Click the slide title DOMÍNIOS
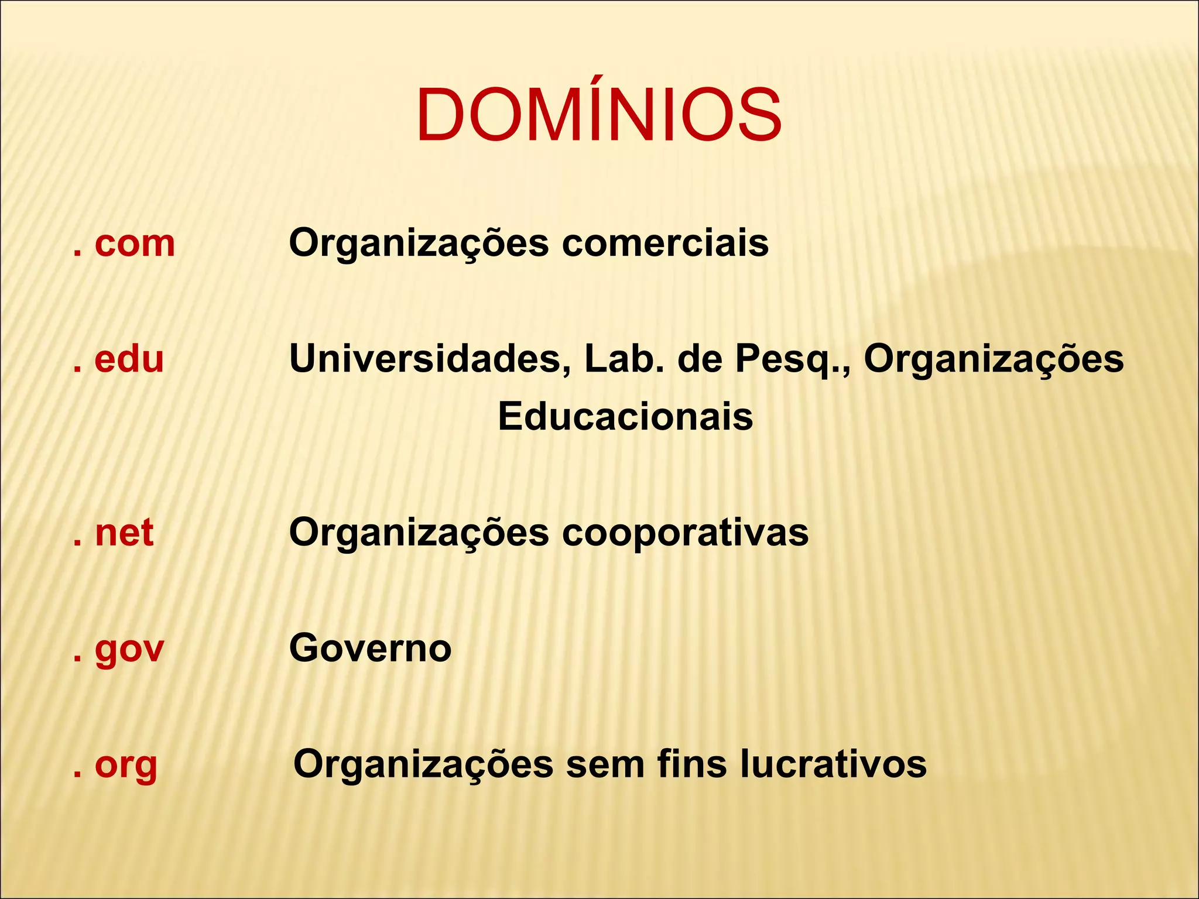(598, 115)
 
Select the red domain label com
(134, 243)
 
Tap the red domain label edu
(129, 359)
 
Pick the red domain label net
(124, 533)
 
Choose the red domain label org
(126, 765)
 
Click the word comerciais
(665, 243)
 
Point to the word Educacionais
(625, 417)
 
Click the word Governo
(370, 648)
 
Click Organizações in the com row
(419, 245)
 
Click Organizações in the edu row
(994, 360)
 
